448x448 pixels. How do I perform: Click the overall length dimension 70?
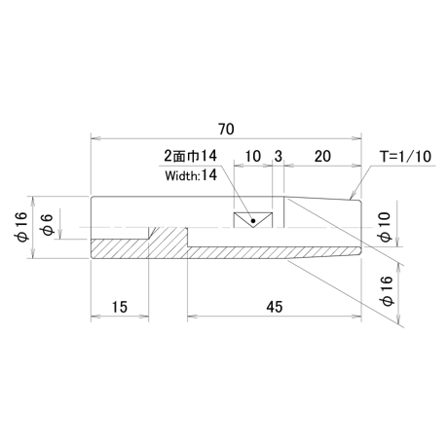click(226, 130)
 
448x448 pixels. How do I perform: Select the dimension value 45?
click(275, 307)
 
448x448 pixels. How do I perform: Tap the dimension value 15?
click(120, 307)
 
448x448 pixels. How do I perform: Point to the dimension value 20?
click(322, 156)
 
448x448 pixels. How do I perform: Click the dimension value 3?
click(279, 156)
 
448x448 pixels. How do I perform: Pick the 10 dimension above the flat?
click(252, 156)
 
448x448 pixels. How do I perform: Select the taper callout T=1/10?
click(406, 156)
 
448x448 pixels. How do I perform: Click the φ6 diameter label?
click(47, 225)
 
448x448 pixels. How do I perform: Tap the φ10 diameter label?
click(385, 227)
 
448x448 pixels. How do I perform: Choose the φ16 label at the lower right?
click(388, 291)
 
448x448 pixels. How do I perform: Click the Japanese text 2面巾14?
click(190, 156)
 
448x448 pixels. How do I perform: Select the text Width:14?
click(191, 175)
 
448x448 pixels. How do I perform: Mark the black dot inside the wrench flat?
click(253, 221)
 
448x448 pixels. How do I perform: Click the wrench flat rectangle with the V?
click(253, 219)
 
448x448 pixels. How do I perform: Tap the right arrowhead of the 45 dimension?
click(356, 316)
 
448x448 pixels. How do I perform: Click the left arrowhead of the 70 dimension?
click(95, 138)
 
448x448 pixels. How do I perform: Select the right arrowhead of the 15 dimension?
click(144, 316)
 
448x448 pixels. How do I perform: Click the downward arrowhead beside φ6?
click(60, 235)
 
